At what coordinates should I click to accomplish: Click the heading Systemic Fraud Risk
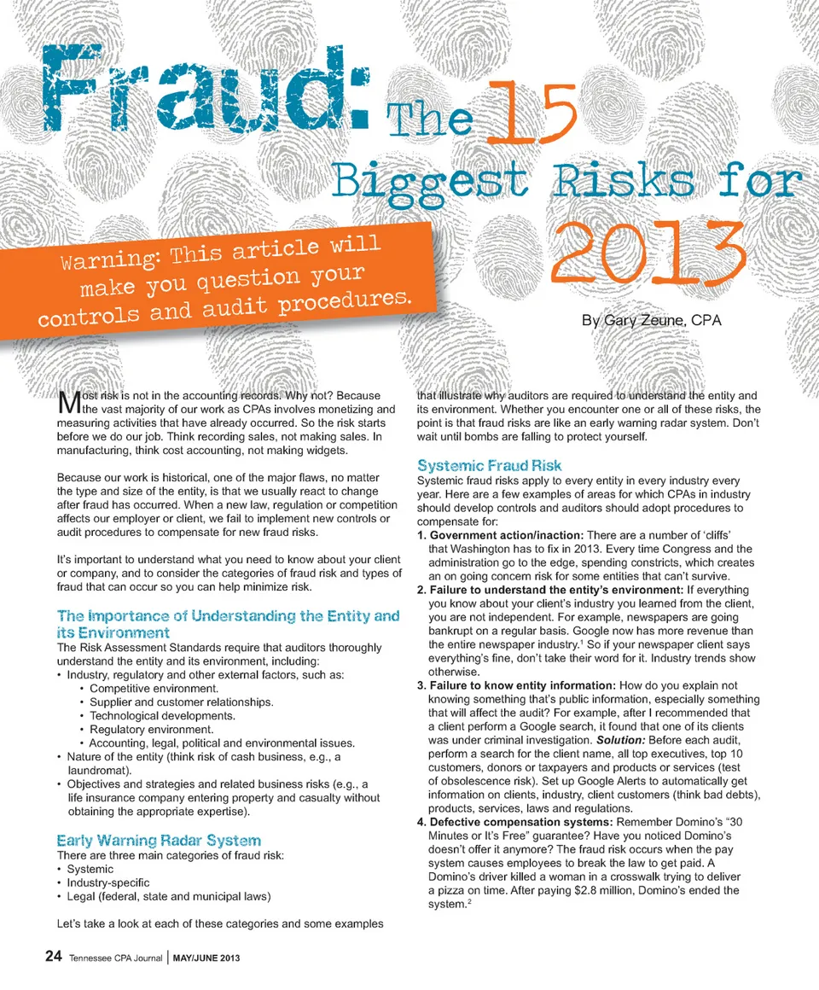coord(489,466)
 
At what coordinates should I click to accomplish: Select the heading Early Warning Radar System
coord(159,840)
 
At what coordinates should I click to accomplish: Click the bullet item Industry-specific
coord(108,882)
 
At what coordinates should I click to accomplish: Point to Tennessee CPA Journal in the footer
coord(118,958)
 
